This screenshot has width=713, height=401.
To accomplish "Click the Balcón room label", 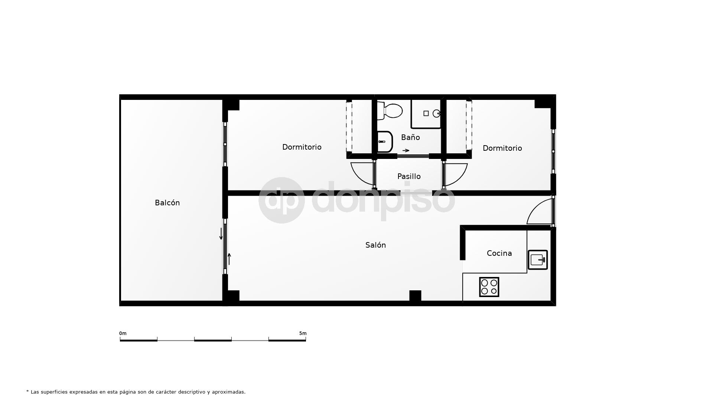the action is point(167,203).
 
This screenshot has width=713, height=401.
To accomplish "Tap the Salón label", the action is point(375,245).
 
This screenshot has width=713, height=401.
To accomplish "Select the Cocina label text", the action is point(499,253).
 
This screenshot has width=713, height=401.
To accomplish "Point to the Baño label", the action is point(410,137).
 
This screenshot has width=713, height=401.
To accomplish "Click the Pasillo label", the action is point(409,176).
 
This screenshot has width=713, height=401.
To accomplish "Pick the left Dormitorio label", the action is point(302,147).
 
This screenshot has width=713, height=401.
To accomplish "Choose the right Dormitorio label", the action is point(502,148).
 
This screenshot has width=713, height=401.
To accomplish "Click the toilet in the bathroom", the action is point(390,111).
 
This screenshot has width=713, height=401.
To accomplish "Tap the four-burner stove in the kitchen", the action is point(489,287).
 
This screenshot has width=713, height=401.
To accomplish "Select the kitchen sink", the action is point(538,260).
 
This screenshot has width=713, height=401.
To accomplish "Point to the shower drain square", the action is point(426,113).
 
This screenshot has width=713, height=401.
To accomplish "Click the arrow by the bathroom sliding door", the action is point(406,150).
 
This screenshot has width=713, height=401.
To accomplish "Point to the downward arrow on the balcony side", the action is point(221,234).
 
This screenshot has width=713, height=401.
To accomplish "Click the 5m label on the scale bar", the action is point(303,333).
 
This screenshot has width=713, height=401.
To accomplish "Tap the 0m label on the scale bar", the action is point(123,333).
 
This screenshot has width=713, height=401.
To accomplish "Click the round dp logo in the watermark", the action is point(281,200).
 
